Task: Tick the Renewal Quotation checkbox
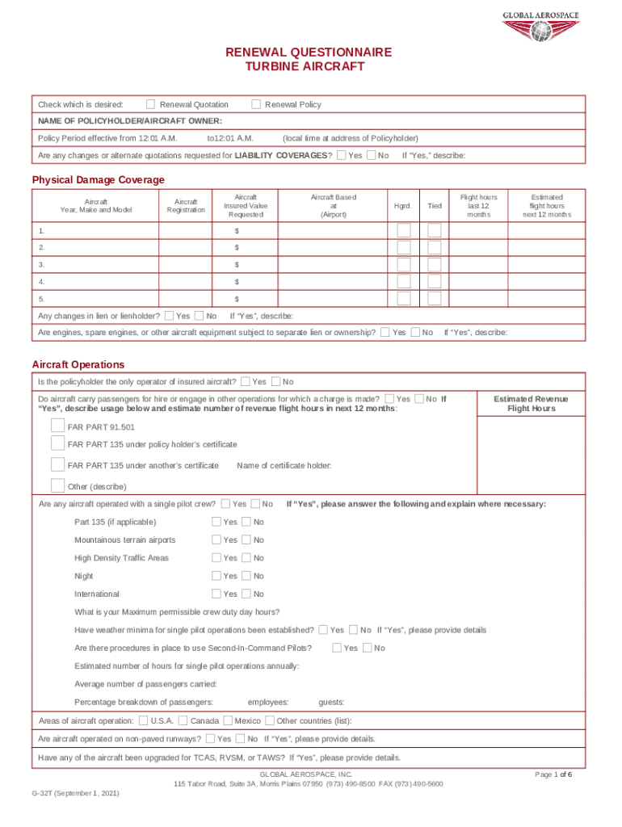point(150,104)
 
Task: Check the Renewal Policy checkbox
point(256,104)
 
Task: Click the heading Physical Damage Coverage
point(98,179)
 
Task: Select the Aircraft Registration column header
point(186,206)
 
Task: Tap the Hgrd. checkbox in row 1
point(404,230)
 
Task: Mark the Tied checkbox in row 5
point(435,299)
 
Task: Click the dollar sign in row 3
point(237,264)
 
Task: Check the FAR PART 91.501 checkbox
point(57,426)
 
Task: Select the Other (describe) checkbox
point(57,485)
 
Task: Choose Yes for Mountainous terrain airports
point(216,539)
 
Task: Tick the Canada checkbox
point(183,720)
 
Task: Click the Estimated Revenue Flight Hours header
point(531,404)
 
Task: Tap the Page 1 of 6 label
point(553,775)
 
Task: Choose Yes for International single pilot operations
point(216,594)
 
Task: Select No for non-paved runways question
point(240,739)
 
